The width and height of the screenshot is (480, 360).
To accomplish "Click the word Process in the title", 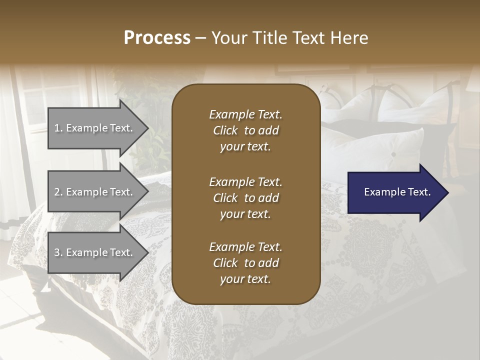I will (x=157, y=38).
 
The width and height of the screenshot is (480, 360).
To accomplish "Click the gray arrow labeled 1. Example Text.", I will (x=95, y=128).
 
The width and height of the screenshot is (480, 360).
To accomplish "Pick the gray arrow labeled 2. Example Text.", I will (x=95, y=192).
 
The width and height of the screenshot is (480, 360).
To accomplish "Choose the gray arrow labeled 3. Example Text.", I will (x=95, y=252).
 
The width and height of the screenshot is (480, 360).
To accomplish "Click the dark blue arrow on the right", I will (x=395, y=192).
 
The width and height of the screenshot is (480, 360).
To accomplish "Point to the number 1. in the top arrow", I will (x=58, y=128).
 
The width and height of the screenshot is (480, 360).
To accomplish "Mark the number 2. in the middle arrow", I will (x=58, y=192).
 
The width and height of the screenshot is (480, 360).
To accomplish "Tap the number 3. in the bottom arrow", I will (x=58, y=252).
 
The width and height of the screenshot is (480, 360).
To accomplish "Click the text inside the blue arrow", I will (x=397, y=192).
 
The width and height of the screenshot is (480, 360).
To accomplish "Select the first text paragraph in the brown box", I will (x=245, y=130).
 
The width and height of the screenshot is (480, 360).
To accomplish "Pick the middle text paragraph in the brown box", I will (x=245, y=197).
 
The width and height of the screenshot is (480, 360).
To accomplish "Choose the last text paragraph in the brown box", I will (x=245, y=263).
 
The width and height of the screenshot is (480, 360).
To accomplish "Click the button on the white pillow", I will (x=393, y=154).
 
